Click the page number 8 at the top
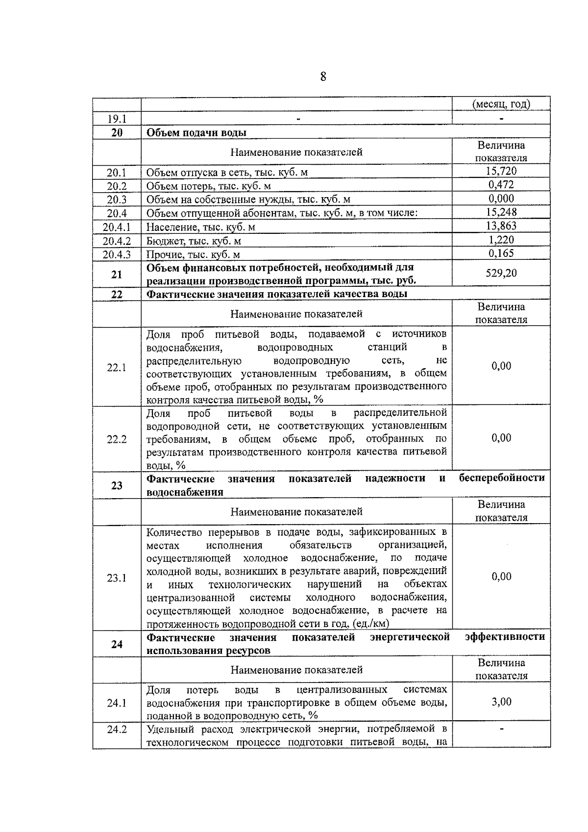point(323,77)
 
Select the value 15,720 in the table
point(501,171)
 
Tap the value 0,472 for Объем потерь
point(501,185)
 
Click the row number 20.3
point(117,200)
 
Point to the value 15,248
point(501,212)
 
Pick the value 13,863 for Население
point(501,226)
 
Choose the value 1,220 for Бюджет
point(501,240)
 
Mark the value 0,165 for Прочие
point(501,253)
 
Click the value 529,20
point(501,273)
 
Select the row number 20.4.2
point(117,241)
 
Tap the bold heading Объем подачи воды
point(196,133)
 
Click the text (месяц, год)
point(501,104)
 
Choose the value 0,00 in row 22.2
point(501,438)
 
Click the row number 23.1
point(117,578)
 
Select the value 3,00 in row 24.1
point(501,702)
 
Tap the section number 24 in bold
point(117,644)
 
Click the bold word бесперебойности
point(502,478)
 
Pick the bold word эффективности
point(505,637)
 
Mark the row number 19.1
point(117,119)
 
